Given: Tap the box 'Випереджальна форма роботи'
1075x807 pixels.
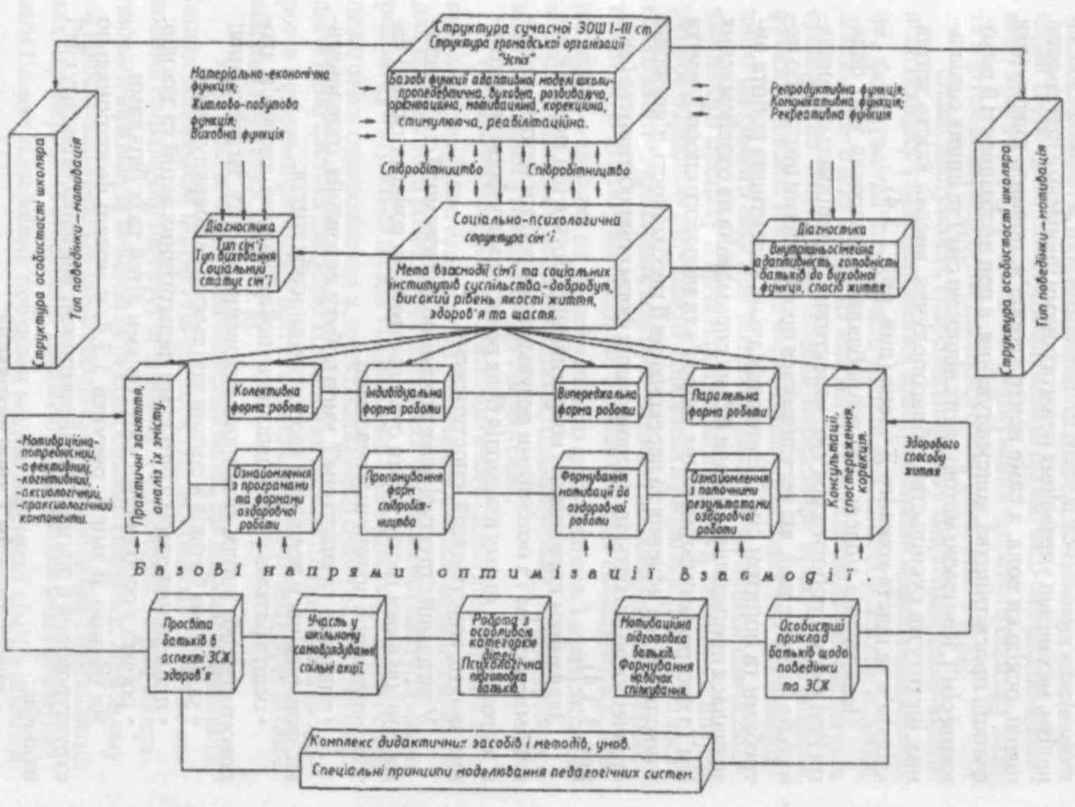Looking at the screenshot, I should pyautogui.click(x=597, y=402).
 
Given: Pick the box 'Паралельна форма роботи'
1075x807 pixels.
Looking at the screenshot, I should pyautogui.click(x=729, y=403).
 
